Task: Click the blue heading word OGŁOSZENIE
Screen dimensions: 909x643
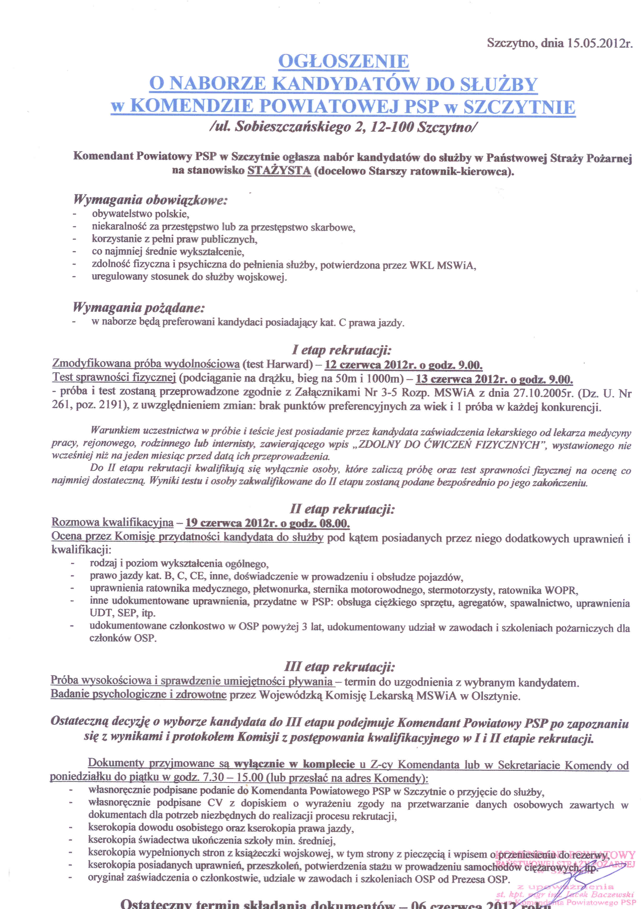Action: [x=343, y=61]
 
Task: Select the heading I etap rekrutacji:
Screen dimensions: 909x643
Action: [x=342, y=350]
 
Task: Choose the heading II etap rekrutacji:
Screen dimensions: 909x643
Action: [x=342, y=509]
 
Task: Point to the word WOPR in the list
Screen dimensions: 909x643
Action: [x=561, y=590]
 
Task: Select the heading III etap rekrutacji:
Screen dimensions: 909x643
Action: [x=340, y=667]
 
